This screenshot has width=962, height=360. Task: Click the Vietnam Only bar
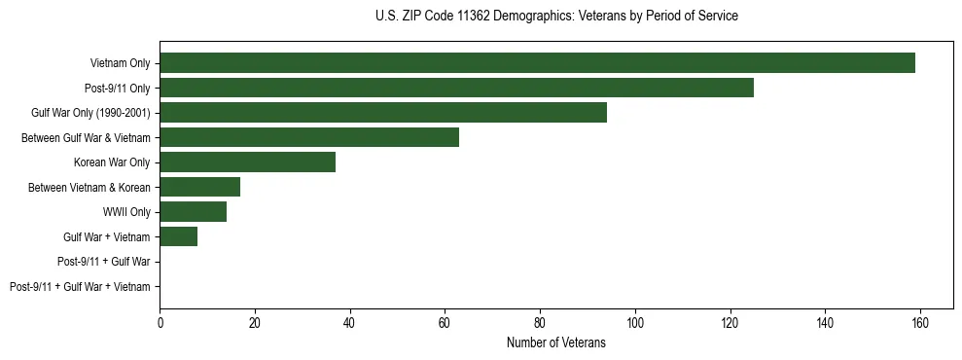click(537, 63)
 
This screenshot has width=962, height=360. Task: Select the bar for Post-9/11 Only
click(456, 88)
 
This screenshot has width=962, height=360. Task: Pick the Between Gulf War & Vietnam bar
click(309, 137)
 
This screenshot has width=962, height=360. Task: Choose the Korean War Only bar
click(247, 162)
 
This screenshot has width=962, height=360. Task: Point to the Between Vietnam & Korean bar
click(199, 187)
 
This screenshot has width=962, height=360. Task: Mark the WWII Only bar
click(193, 212)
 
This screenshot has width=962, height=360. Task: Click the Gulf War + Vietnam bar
click(178, 236)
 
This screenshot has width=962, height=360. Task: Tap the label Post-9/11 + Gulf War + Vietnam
click(80, 286)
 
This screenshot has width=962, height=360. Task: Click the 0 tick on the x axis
click(160, 322)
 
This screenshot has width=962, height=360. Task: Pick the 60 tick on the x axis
click(445, 322)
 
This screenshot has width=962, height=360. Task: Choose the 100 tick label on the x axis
click(635, 322)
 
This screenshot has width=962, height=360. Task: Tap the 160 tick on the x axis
click(920, 322)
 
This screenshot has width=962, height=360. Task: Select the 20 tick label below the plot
click(255, 322)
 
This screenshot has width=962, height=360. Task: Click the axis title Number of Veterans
click(555, 342)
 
